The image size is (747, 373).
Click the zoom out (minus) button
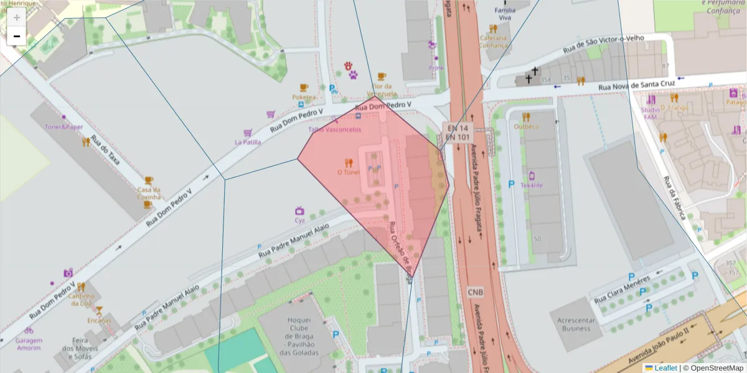pyautogui.click(x=17, y=37)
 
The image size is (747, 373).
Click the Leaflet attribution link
pyautogui.click(x=665, y=368)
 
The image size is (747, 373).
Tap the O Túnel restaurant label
pyautogui.click(x=348, y=172)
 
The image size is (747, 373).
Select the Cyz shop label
pyautogui.click(x=299, y=220)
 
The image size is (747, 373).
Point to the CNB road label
pyautogui.click(x=476, y=292)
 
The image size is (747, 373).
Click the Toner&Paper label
pyautogui.click(x=63, y=127)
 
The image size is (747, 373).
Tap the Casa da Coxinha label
pyautogui.click(x=149, y=193)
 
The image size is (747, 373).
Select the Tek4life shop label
pyautogui.click(x=532, y=185)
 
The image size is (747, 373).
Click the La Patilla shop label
pyautogui.click(x=247, y=142)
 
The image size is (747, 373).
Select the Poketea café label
pyautogui.click(x=304, y=97)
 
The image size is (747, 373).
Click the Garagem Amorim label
pyautogui.click(x=29, y=344)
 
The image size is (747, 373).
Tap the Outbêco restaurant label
pyautogui.click(x=526, y=126)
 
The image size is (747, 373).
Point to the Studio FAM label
pyautogui.click(x=650, y=113)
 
